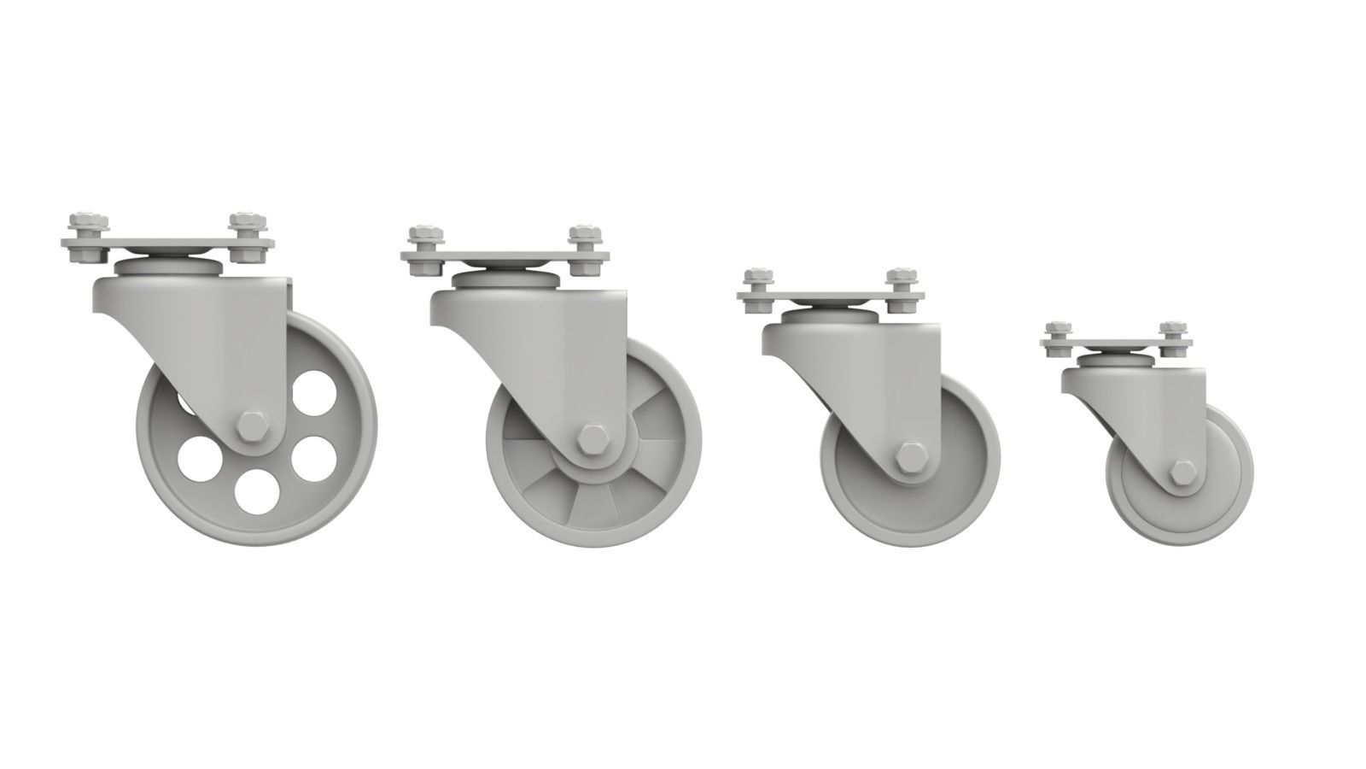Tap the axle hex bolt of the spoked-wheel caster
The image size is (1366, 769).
click(590, 439)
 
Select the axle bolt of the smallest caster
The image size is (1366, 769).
click(1181, 473)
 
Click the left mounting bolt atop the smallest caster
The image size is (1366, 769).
click(1059, 333)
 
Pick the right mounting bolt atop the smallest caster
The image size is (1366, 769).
click(1170, 333)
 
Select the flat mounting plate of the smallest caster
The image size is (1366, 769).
click(1115, 343)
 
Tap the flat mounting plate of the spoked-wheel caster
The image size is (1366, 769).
click(504, 258)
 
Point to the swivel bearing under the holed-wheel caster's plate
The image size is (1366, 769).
click(166, 265)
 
